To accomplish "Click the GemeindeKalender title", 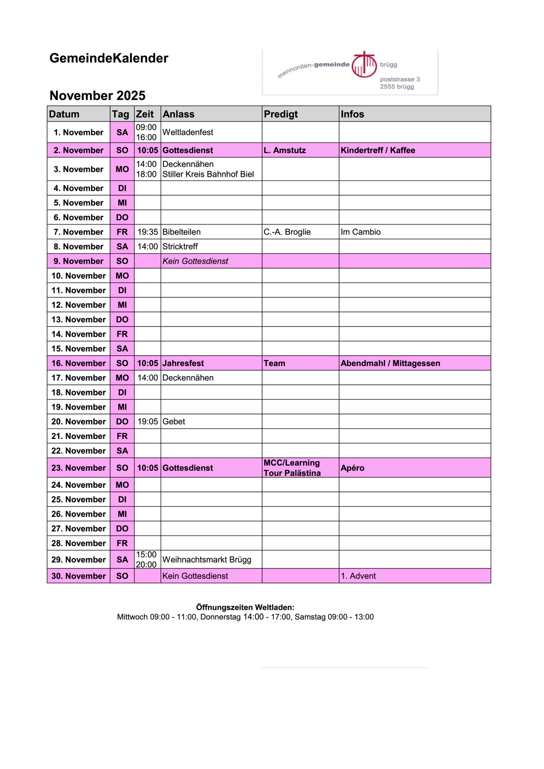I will [x=109, y=58].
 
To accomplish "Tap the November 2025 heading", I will [x=98, y=96].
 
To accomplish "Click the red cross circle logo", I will [x=364, y=65].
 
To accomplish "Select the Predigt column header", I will [x=281, y=114].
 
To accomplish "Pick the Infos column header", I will [x=352, y=114].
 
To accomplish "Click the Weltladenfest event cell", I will [x=188, y=132].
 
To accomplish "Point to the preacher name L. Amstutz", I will [x=285, y=150].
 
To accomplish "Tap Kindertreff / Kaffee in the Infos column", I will [x=378, y=150].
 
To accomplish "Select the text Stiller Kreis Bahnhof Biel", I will [x=208, y=175].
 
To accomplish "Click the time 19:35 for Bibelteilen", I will [x=147, y=232].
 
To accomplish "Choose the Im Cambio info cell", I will [x=361, y=232].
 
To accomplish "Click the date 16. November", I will [x=78, y=363].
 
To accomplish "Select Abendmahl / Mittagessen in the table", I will [x=390, y=363].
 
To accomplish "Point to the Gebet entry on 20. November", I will [x=174, y=422].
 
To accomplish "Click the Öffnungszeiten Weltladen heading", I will [x=245, y=607].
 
